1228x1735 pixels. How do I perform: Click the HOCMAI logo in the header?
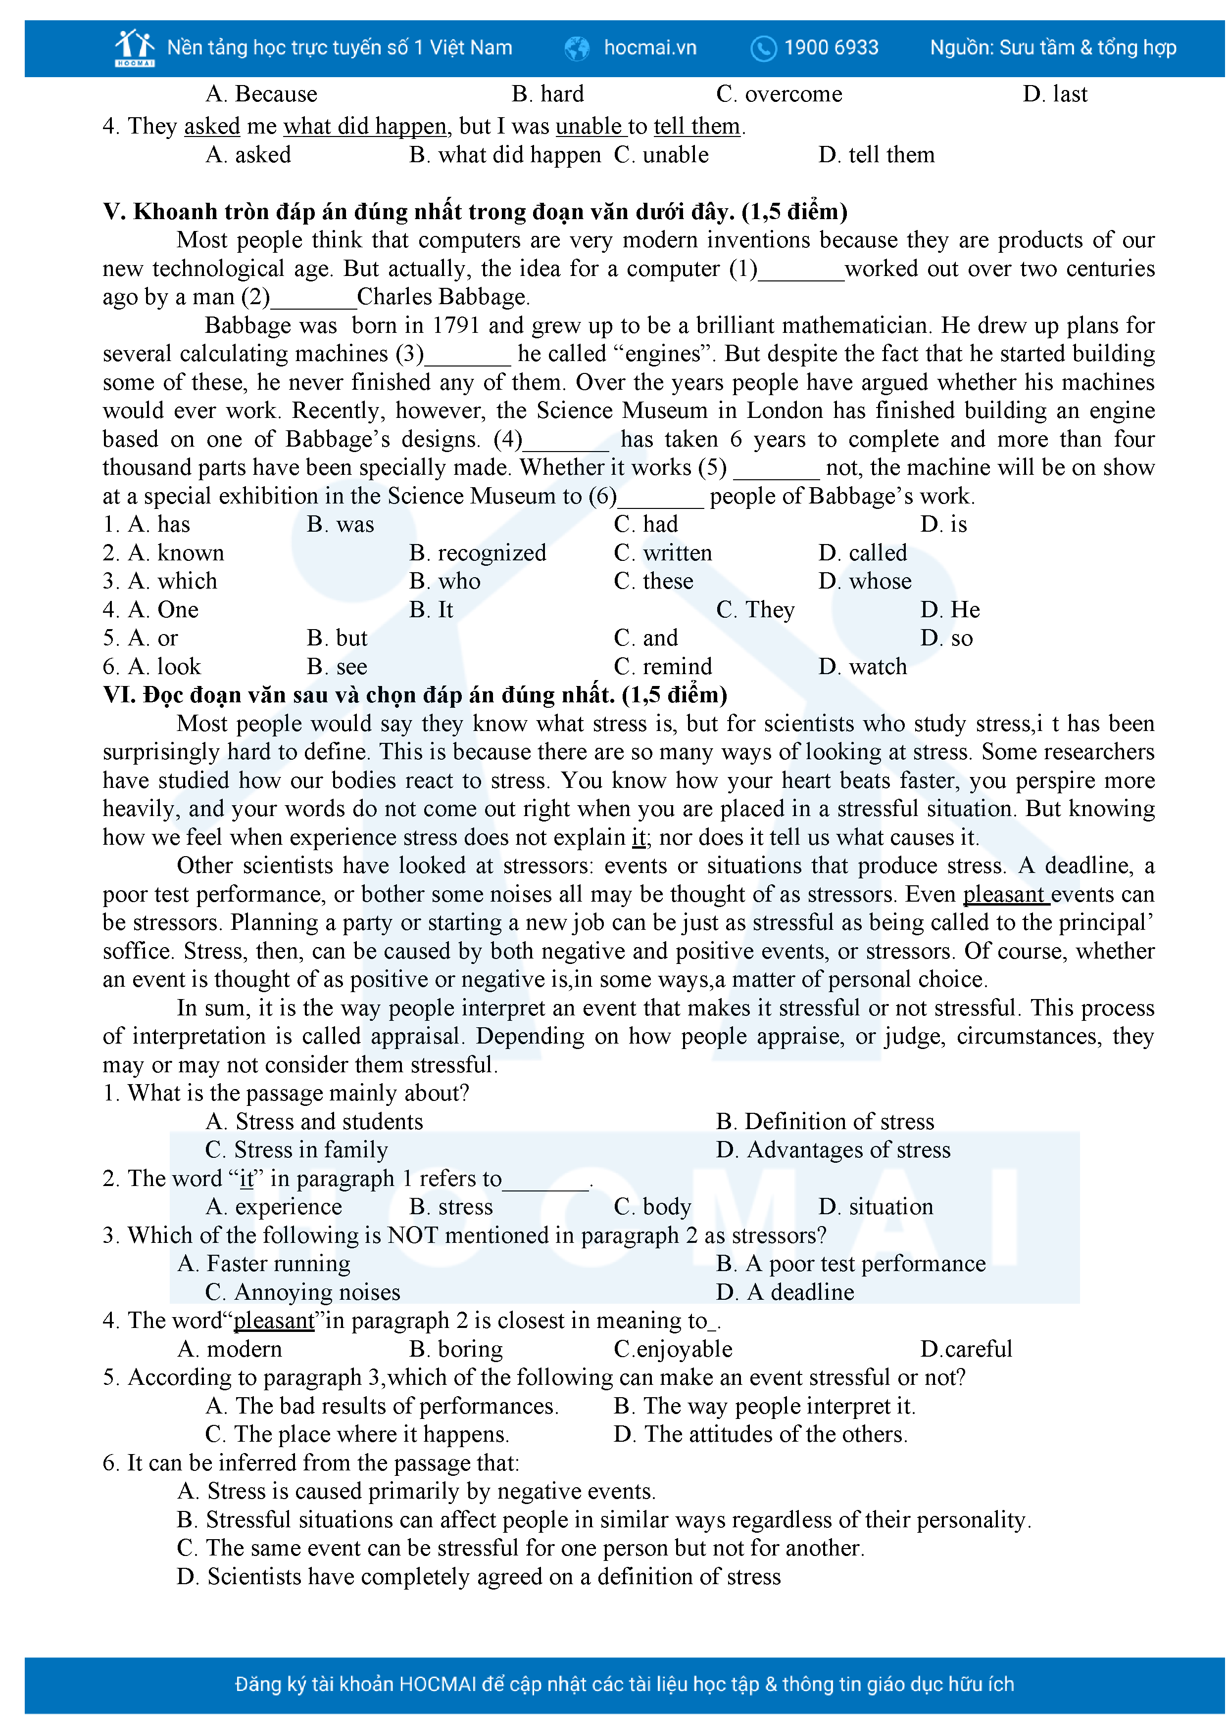(135, 47)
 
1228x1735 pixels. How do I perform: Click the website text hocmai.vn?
(649, 47)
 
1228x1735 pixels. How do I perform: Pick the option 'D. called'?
(862, 553)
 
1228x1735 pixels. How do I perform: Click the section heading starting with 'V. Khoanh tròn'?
(475, 212)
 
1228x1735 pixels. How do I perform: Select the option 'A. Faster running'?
(264, 1264)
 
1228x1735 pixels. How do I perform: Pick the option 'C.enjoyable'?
(673, 1349)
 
